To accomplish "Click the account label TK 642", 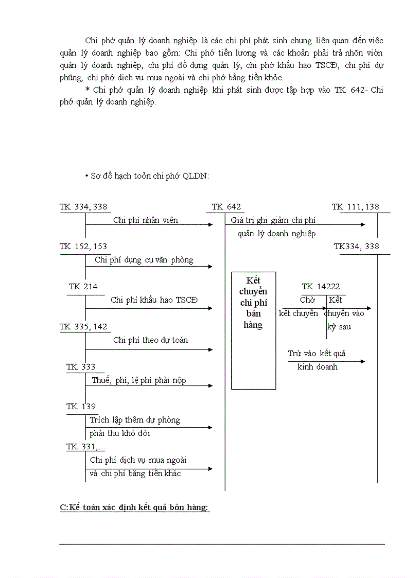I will (226, 207).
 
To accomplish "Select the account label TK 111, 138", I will (356, 207).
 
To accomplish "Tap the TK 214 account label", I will (83, 287).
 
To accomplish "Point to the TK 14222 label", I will (321, 287).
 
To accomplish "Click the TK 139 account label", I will (81, 407).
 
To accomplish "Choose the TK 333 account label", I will (81, 367).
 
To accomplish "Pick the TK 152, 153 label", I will (83, 247).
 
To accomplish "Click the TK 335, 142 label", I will (83, 327).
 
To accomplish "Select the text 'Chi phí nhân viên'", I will (146, 220).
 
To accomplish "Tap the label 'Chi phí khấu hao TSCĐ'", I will (154, 300).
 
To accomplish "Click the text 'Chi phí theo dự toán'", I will (151, 340).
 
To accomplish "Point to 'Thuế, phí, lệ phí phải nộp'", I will (139, 381).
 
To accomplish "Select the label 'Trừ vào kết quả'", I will (317, 354).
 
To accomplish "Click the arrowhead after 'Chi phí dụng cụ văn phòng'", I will (210, 267).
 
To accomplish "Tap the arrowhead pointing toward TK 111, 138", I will (362, 225).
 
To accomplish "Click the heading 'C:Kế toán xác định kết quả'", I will (134, 507).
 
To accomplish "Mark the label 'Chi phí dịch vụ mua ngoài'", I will (138, 460).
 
